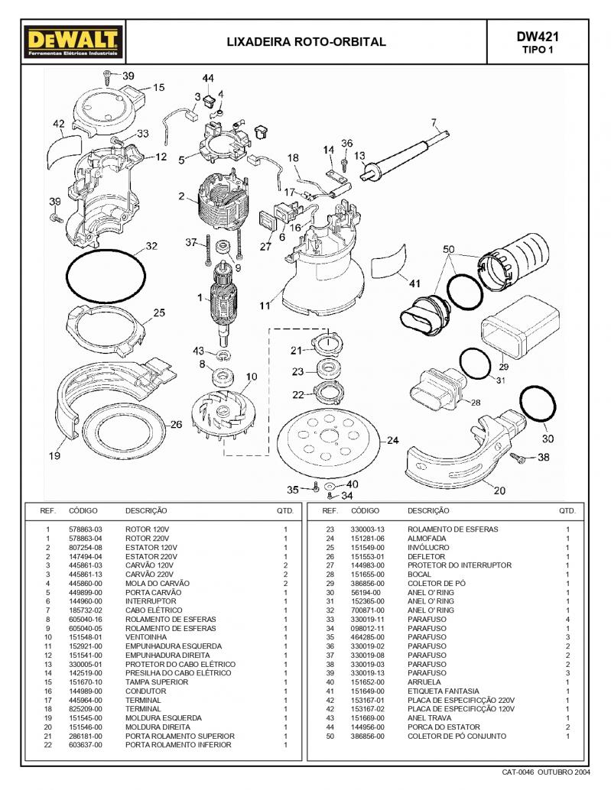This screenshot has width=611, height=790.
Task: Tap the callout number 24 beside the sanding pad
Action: coord(392,441)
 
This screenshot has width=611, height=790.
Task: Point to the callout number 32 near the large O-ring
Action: coord(151,246)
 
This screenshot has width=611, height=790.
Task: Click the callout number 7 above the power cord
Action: coord(433,122)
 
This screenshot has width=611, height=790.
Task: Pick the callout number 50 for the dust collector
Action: coord(448,250)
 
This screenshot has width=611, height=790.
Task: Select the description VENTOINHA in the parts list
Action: coord(145,637)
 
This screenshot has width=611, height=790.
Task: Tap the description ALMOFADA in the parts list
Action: coord(427,539)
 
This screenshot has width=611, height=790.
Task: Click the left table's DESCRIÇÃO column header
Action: coord(146,510)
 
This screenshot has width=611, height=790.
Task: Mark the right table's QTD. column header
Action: coord(567,510)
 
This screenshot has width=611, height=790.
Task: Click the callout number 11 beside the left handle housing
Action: coord(265,306)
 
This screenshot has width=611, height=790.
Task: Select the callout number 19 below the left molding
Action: coord(54,456)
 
